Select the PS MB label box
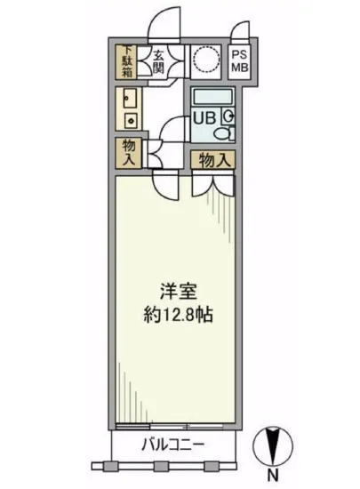[x=241, y=62]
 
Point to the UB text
[x=203, y=117]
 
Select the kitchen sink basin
[x=127, y=100]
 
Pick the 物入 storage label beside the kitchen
[x=126, y=153]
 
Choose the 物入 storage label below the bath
[x=214, y=161]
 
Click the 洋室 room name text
[x=176, y=291]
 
